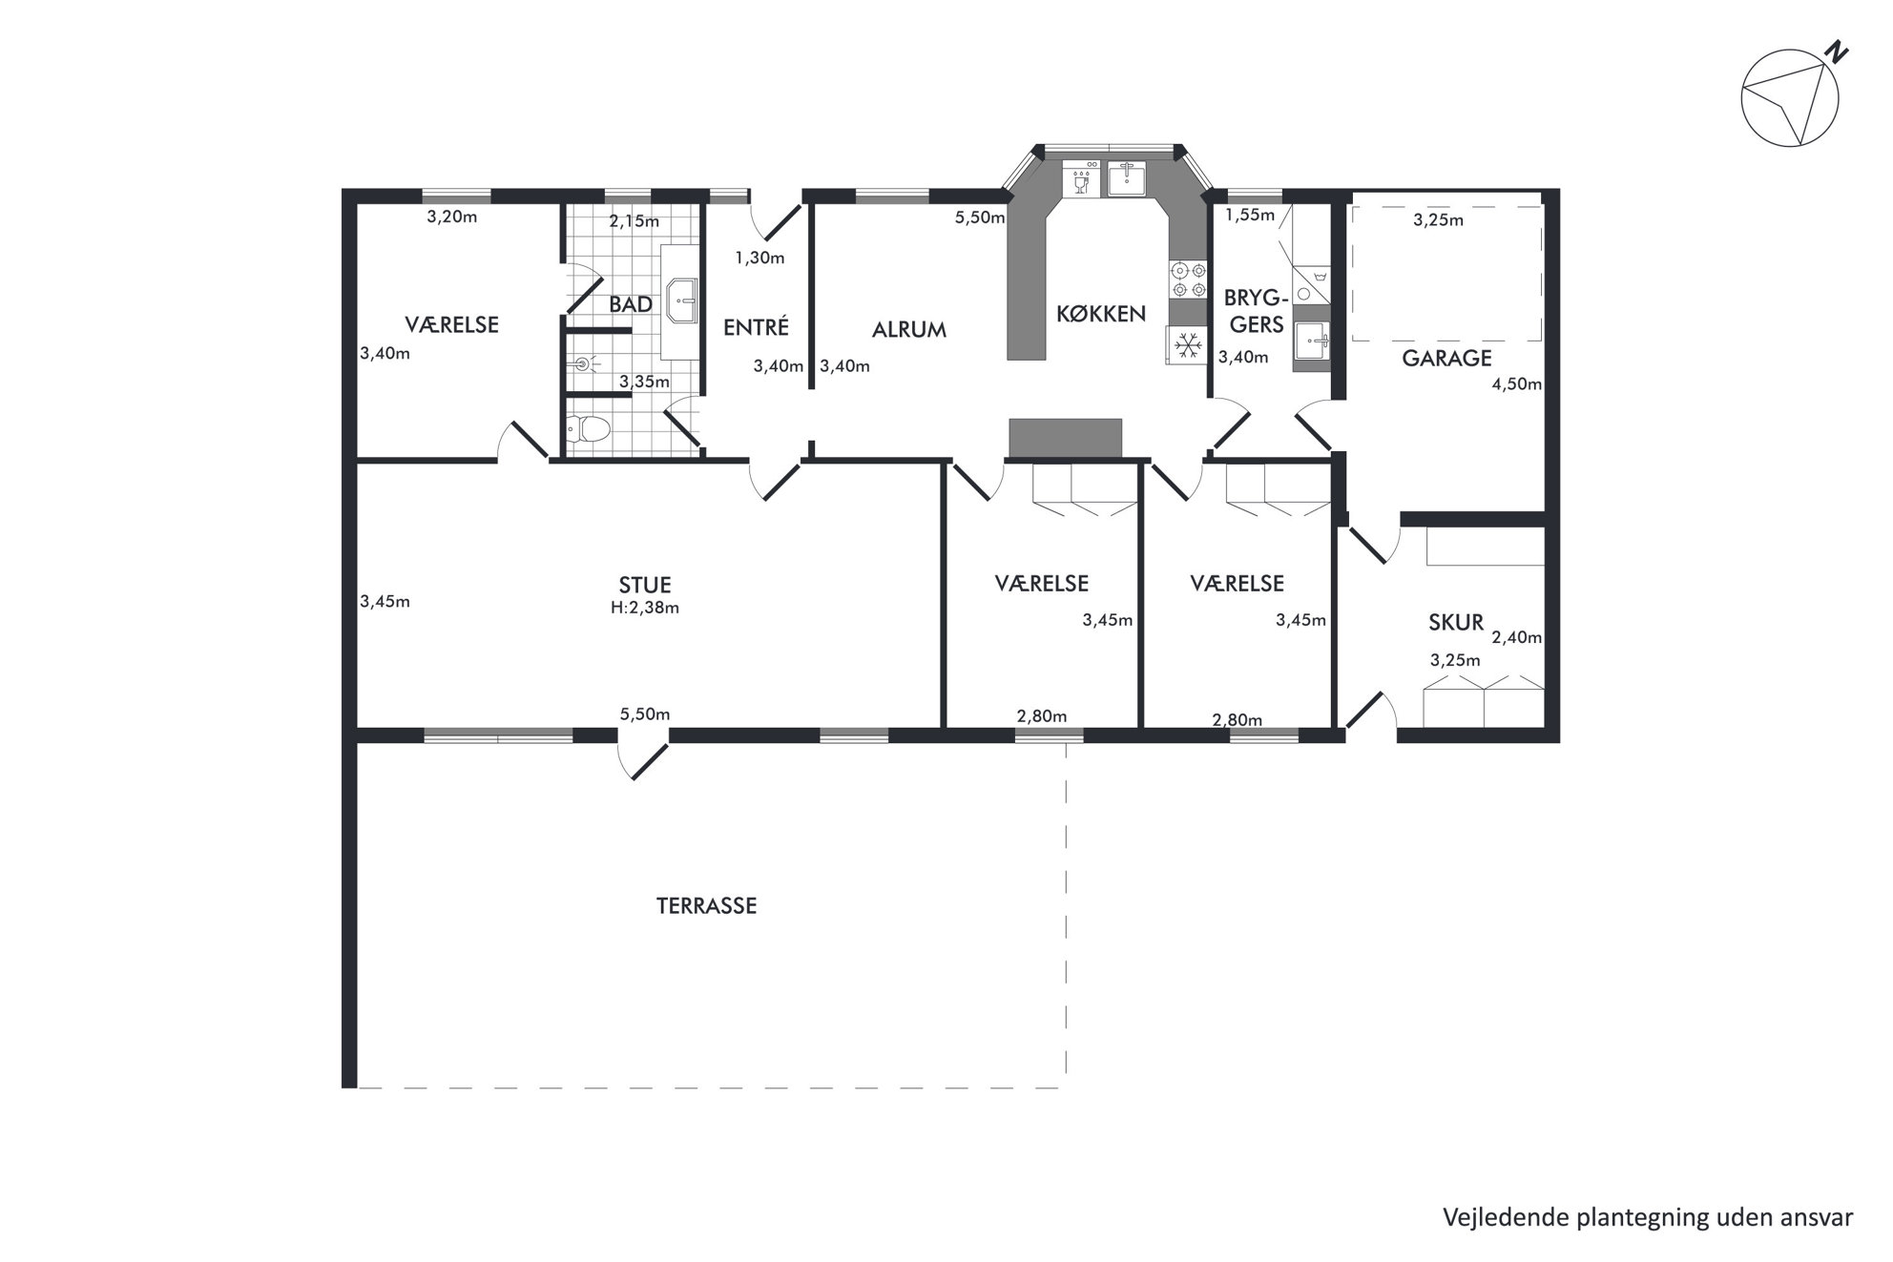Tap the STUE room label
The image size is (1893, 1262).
[645, 585]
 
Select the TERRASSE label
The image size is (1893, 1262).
[706, 906]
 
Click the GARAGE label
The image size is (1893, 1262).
[1446, 359]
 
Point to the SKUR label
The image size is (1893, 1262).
[1456, 623]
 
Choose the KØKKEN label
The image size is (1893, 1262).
[1101, 314]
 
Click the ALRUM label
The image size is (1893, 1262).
[909, 330]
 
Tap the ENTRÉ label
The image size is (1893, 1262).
[757, 327]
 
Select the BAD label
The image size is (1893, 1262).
[631, 304]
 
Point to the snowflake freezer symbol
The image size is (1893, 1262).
[1186, 344]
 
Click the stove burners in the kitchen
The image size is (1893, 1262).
[1189, 279]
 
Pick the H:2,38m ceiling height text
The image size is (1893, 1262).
[645, 608]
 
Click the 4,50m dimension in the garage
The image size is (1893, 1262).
[1517, 384]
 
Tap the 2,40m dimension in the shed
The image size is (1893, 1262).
[1517, 637]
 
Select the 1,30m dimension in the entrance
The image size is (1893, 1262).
[759, 258]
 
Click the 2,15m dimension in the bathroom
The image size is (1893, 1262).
[634, 221]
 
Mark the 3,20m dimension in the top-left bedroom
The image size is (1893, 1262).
[452, 217]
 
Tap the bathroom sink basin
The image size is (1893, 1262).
[683, 302]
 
